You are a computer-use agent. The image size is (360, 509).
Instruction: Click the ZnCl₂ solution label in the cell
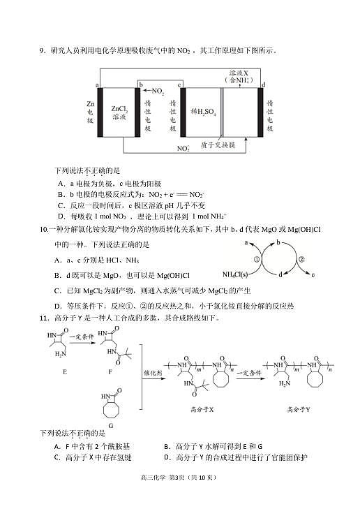click(x=119, y=112)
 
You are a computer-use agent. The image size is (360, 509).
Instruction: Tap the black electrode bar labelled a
click(x=100, y=112)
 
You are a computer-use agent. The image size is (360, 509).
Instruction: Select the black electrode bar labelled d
click(x=260, y=112)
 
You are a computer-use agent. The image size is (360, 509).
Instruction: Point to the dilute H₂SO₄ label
click(x=203, y=112)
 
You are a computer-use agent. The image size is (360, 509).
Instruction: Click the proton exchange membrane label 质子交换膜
click(x=217, y=145)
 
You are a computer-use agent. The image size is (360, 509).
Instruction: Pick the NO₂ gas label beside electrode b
click(x=158, y=91)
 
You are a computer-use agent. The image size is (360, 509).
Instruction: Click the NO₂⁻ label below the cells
click(x=183, y=148)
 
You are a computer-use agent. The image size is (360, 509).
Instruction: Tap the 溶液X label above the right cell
click(x=239, y=73)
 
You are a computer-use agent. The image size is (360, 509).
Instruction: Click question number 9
click(x=43, y=51)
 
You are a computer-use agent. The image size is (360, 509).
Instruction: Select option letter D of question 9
click(x=61, y=216)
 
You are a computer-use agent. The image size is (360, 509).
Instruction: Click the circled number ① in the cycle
click(x=257, y=259)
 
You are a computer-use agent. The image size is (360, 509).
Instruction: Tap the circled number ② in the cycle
click(x=301, y=259)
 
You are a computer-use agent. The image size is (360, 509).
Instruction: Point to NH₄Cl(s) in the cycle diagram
click(x=235, y=274)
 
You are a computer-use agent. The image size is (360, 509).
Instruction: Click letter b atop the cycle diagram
click(x=278, y=242)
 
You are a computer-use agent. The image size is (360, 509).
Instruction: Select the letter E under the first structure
click(x=65, y=371)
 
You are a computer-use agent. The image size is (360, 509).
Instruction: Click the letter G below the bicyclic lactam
click(x=111, y=426)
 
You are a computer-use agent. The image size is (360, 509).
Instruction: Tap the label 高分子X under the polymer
click(x=202, y=410)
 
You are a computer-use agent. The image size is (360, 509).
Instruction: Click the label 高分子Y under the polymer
click(x=299, y=410)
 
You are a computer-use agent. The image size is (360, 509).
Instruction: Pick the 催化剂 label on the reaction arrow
click(x=153, y=373)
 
